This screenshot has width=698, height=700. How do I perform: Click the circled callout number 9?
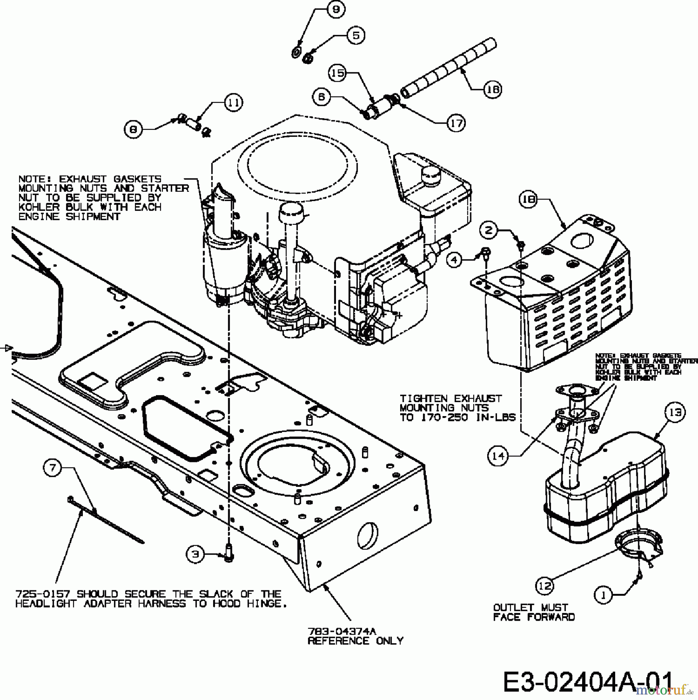pos(336,10)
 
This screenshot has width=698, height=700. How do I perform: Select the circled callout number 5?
pos(356,35)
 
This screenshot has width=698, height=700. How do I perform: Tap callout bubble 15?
pos(338,73)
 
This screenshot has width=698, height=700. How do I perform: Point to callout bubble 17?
pos(456,123)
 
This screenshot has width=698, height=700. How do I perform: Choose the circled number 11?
pos(233,103)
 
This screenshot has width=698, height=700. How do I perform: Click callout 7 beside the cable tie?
pos(53,468)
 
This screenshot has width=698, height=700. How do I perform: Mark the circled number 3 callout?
pos(195,554)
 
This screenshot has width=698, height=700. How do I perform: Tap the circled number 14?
pos(498,456)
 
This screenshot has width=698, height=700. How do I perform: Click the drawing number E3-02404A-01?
pos(588,681)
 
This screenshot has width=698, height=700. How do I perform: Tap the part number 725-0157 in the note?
pos(42,594)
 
